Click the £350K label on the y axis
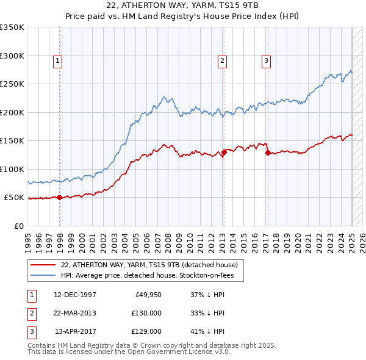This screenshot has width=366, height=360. tap(12, 27)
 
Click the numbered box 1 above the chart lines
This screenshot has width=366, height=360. tap(57, 60)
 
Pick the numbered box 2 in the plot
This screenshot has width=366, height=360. tap(223, 60)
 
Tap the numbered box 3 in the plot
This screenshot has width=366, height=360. tap(267, 60)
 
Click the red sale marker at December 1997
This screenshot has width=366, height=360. tap(59, 197)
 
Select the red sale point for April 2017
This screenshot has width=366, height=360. tap(268, 153)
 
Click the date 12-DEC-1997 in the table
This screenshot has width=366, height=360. tap(75, 295)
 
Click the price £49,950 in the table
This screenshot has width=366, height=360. tap(146, 295)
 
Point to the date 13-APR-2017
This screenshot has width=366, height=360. tap(76, 331)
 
